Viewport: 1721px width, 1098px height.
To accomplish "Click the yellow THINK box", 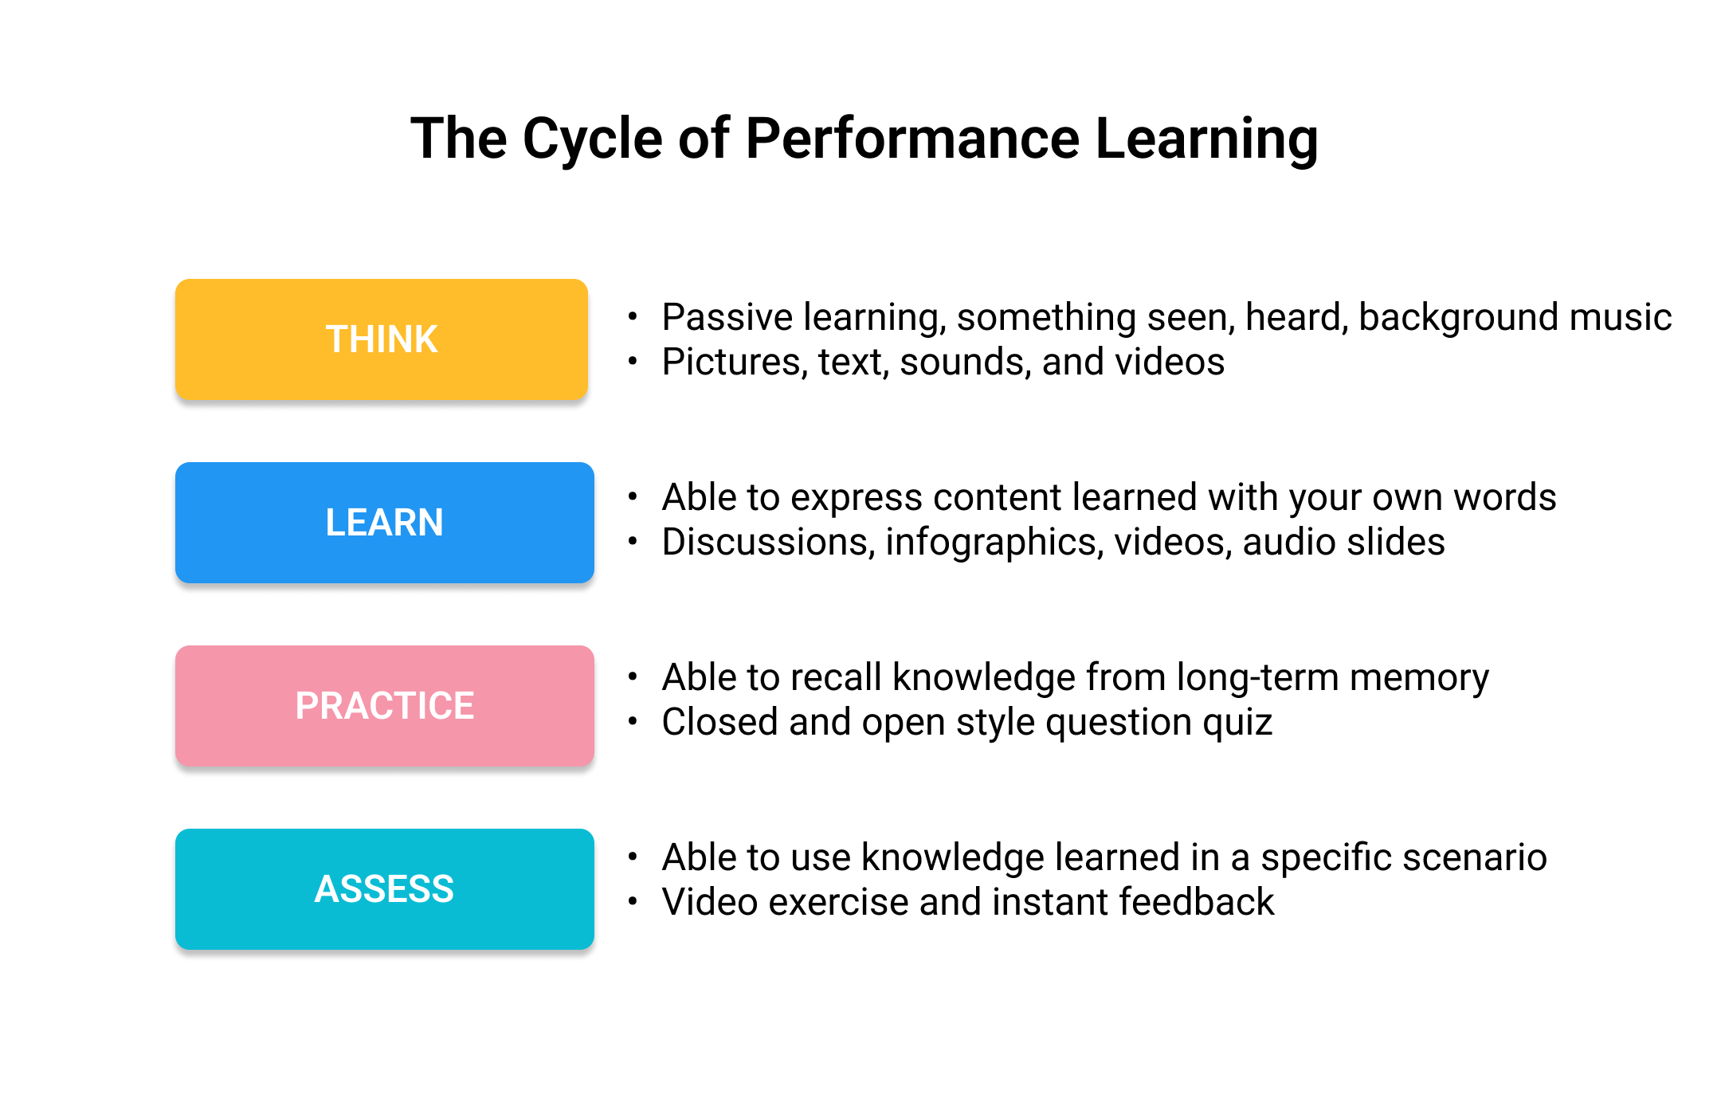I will (381, 339).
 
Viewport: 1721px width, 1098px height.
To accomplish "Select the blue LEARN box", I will (384, 522).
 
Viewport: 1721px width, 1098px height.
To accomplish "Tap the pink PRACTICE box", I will (384, 705).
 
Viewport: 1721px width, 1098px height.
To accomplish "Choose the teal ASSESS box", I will (384, 888).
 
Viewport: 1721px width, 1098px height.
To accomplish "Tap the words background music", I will (1515, 317).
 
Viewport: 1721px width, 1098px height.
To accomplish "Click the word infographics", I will (994, 543).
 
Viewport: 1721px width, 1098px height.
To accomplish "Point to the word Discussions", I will (769, 542).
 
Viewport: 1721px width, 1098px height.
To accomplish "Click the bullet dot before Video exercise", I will (633, 902).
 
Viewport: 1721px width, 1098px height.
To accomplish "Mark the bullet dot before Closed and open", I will (633, 722).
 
